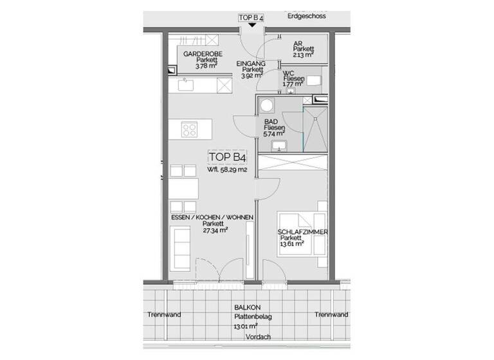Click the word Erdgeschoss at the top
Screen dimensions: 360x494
(x=307, y=17)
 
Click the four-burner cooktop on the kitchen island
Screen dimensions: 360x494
(x=190, y=130)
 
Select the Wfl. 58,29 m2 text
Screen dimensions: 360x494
(x=227, y=170)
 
